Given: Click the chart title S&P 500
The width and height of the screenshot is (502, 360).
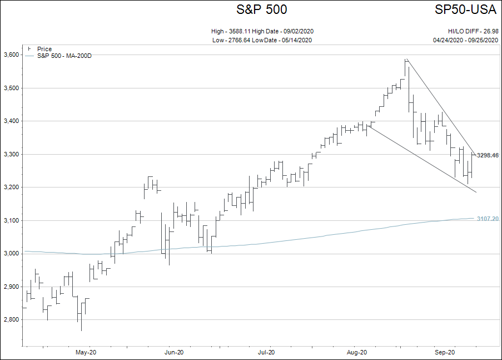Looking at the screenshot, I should point(261,9).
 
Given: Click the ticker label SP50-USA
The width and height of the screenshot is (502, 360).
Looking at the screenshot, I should point(466,9).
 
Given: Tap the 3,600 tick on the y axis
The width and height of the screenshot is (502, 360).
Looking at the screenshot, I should point(11,55).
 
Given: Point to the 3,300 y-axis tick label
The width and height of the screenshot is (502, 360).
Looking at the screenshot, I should point(11,154).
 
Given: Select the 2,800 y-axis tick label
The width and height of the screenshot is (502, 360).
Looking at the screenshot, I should point(11,320).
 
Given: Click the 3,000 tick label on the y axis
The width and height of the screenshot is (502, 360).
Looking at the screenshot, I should point(11,254).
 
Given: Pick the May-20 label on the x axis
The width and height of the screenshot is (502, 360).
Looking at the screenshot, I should point(86,352).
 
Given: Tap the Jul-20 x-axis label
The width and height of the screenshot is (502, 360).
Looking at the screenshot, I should point(267,352).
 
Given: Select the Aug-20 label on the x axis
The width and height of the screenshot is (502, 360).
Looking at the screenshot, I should point(357,352).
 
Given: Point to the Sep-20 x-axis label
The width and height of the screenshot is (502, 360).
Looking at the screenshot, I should point(445,352).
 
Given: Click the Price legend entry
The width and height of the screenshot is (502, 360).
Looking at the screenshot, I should point(44,49).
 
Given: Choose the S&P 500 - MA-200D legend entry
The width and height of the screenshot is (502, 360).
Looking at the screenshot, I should point(64,56).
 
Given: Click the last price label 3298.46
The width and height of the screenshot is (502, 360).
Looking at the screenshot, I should point(488,155).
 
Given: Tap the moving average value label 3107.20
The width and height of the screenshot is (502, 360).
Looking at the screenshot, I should point(488,219).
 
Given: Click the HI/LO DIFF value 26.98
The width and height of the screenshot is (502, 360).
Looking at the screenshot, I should point(489,31).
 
